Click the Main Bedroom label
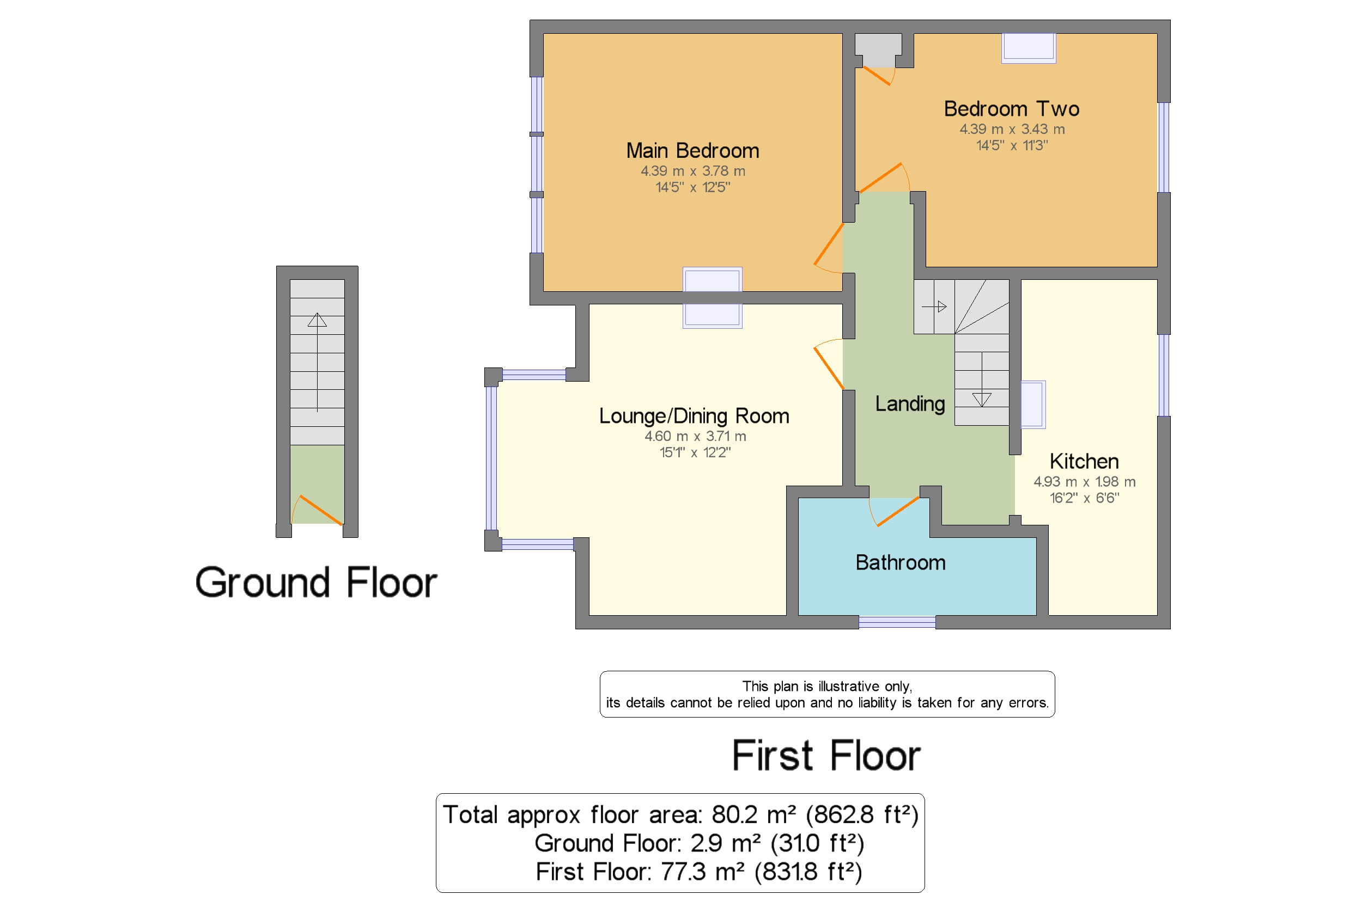pyautogui.click(x=692, y=151)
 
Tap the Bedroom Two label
pyautogui.click(x=1011, y=109)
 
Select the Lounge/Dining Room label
pyautogui.click(x=694, y=416)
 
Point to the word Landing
pyautogui.click(x=909, y=404)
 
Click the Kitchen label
pyautogui.click(x=1084, y=462)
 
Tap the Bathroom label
pyautogui.click(x=900, y=563)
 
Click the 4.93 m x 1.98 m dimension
pyautogui.click(x=1084, y=482)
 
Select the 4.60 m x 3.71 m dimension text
pyautogui.click(x=695, y=436)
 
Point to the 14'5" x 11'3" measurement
pyautogui.click(x=1011, y=146)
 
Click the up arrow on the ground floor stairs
pyautogui.click(x=317, y=320)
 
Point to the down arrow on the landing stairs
pyautogui.click(x=981, y=399)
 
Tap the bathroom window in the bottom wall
pyautogui.click(x=897, y=622)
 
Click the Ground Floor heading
pyautogui.click(x=316, y=583)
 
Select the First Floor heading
pyautogui.click(x=826, y=756)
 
